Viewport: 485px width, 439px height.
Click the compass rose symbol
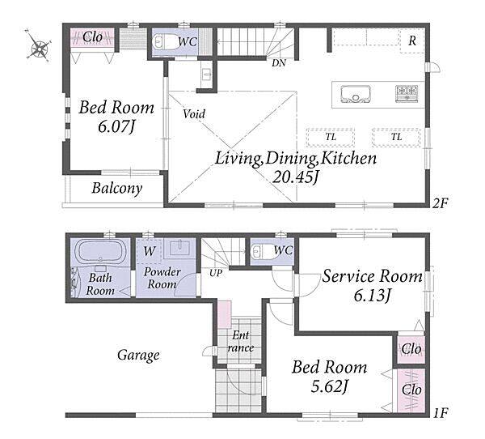39,45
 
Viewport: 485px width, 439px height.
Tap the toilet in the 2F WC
165,41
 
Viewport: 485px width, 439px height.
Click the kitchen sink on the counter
356,94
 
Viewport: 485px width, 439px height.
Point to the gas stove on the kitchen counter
407,93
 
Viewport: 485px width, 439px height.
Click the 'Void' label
194,114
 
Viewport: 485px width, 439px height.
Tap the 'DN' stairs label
278,63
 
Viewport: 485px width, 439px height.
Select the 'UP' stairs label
216,273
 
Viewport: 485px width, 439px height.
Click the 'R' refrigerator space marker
412,40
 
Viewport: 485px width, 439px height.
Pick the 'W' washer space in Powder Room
149,251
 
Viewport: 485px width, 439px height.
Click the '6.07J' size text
116,126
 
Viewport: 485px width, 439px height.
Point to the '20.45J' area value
295,177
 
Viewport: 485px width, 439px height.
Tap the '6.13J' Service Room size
373,295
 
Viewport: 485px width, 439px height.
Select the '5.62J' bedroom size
330,386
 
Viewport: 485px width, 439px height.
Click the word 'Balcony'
117,188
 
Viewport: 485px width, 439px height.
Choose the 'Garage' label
138,356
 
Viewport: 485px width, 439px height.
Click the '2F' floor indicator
440,203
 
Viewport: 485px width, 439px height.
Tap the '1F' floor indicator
441,412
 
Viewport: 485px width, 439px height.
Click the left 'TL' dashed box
331,137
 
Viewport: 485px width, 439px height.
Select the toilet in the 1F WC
261,251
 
